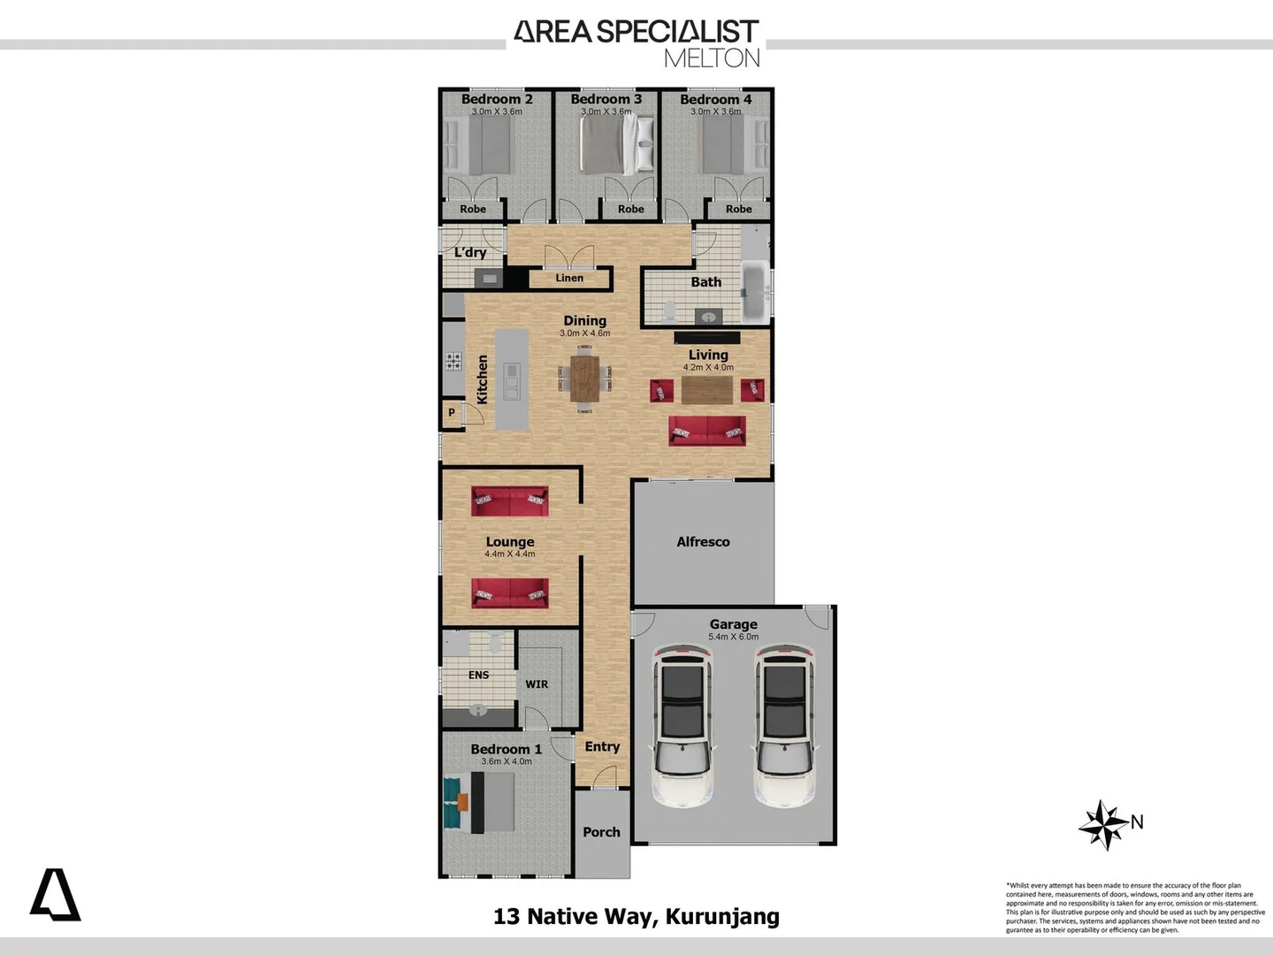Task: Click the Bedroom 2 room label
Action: pos(496,99)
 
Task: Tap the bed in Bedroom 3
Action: pos(616,146)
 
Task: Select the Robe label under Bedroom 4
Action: pos(738,210)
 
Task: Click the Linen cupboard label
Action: pos(569,278)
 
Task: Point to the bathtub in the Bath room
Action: pos(755,291)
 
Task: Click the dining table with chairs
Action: pos(584,378)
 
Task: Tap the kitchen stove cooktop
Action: pos(453,360)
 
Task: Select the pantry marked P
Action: pos(452,413)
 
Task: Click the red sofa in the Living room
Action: pos(706,432)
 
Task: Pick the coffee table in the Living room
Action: pos(707,390)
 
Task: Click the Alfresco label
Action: pos(703,542)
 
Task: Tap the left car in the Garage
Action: pos(682,725)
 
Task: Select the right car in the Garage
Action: pos(784,725)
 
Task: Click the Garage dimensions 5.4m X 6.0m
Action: pos(733,637)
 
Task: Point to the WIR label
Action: pos(537,684)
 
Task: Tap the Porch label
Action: pos(601,832)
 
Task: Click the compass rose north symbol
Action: pos(1103,824)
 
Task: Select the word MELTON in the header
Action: pos(712,58)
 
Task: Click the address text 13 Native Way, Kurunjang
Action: pos(636,916)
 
